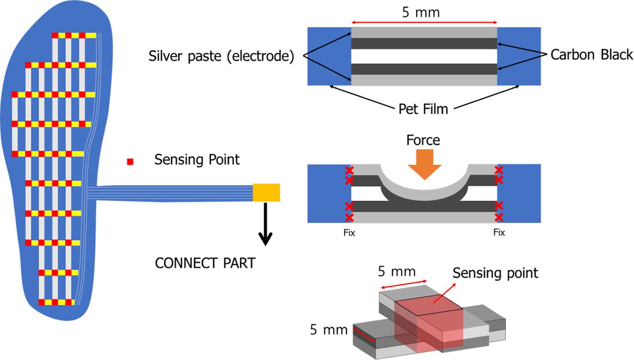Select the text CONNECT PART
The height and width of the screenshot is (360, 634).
[x=205, y=263]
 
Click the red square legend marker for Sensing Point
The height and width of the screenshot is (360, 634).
[x=130, y=162]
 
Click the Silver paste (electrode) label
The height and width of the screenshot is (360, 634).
[x=221, y=56]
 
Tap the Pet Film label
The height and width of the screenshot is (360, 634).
[x=423, y=108]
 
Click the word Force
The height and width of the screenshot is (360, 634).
[x=423, y=139]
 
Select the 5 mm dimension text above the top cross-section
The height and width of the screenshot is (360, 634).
[x=421, y=12]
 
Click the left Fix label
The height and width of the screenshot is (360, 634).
[x=349, y=233]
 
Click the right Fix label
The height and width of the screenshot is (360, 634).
[x=499, y=233]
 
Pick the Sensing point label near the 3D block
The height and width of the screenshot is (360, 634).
[x=495, y=273]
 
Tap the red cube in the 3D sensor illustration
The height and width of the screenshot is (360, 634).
[x=428, y=322]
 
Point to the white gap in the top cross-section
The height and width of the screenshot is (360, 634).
[x=424, y=56]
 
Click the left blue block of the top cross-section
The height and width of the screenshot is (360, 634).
[x=329, y=56]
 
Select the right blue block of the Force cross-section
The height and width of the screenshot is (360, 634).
[x=520, y=193]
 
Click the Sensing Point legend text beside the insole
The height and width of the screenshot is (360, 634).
[x=197, y=160]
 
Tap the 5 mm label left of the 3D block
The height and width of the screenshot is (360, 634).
[x=329, y=330]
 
